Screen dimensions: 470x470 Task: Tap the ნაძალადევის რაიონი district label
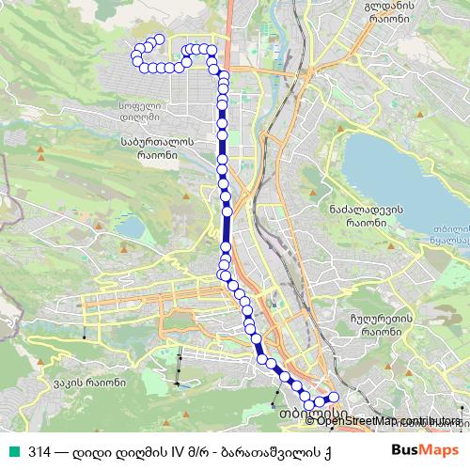coord(359,217)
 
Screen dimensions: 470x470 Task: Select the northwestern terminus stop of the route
coord(159,39)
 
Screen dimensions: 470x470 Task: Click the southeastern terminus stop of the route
coord(334,398)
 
